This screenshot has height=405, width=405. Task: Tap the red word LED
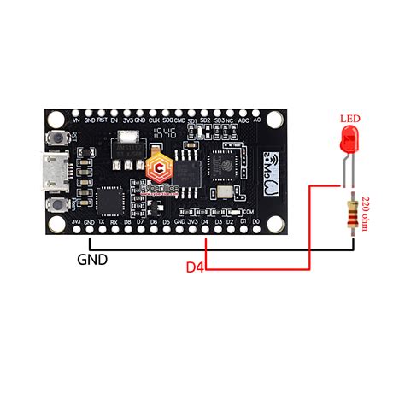(349, 118)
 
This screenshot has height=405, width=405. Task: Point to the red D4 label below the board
(196, 267)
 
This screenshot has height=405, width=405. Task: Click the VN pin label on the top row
(76, 121)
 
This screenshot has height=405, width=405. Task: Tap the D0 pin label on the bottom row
(256, 222)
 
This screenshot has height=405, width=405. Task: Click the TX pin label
(102, 222)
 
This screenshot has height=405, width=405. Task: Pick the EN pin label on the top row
(114, 121)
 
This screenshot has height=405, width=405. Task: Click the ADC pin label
(244, 121)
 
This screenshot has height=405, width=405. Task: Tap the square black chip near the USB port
(112, 200)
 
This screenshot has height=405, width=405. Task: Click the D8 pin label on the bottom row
(128, 222)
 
